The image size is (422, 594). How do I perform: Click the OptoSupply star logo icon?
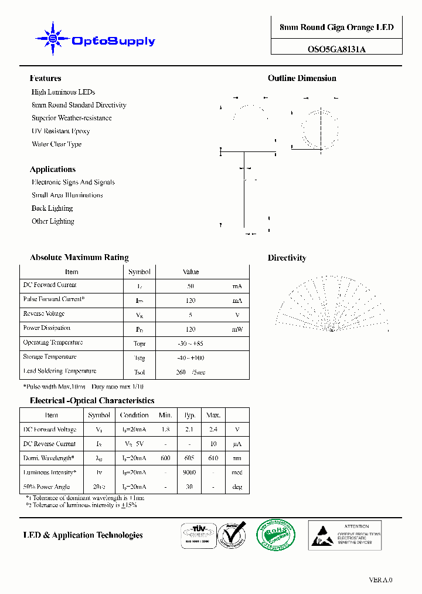53,39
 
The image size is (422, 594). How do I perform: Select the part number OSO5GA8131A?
336,49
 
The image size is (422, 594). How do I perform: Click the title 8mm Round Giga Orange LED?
336,28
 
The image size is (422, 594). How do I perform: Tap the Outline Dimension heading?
302,78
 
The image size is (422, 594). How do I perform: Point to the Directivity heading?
287,258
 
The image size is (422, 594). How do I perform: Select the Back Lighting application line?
52,208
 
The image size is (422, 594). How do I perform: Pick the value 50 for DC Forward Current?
190,286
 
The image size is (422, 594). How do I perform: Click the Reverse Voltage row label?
44,314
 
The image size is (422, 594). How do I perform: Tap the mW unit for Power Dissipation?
237,329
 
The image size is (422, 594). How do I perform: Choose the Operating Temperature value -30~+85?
190,343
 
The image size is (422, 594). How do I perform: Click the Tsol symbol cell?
139,372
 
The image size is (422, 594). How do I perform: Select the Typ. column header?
189,415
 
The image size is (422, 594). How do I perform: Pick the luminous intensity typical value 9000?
189,473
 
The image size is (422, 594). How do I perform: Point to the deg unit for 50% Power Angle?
237,487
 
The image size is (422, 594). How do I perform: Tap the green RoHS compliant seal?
276,535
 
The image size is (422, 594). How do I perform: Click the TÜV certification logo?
197,535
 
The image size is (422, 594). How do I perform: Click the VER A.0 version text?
380,580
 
